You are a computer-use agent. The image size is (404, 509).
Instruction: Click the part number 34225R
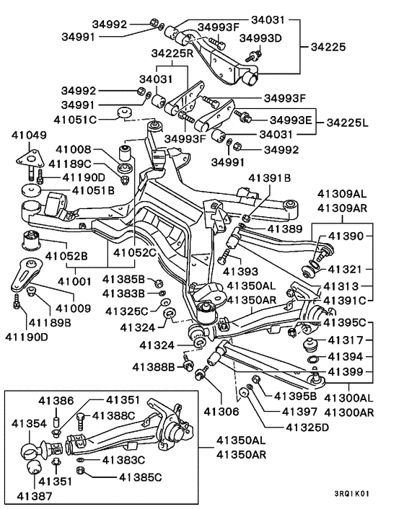click(x=172, y=53)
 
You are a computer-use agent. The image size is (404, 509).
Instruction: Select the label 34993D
click(x=260, y=38)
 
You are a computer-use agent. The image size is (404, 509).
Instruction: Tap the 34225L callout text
click(x=348, y=123)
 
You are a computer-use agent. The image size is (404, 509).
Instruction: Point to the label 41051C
click(x=75, y=120)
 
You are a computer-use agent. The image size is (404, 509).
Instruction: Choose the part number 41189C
click(x=70, y=164)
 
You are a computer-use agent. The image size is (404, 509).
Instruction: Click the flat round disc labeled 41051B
click(x=32, y=190)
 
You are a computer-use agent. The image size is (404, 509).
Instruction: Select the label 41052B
click(x=66, y=256)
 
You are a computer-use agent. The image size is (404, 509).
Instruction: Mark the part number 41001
click(x=74, y=281)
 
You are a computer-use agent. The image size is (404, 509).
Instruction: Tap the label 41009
click(x=74, y=308)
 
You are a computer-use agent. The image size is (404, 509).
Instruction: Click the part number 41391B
click(x=270, y=178)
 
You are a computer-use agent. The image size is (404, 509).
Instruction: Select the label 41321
click(x=345, y=269)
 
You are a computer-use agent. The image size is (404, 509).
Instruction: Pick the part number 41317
click(x=346, y=340)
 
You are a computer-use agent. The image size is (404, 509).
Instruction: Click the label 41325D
click(x=307, y=428)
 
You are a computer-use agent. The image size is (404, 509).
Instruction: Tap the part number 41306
click(x=221, y=412)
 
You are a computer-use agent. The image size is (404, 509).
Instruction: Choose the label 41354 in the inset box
click(x=29, y=423)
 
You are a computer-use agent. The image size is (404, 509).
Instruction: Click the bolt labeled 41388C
click(x=82, y=421)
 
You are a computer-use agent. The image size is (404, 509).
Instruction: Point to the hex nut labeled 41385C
click(x=81, y=470)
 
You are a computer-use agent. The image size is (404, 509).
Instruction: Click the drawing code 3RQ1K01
click(x=352, y=494)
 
